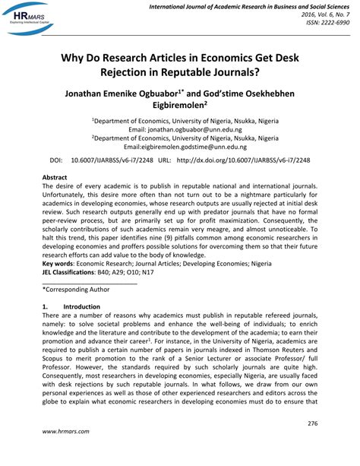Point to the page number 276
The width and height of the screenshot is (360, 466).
coord(312,422)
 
